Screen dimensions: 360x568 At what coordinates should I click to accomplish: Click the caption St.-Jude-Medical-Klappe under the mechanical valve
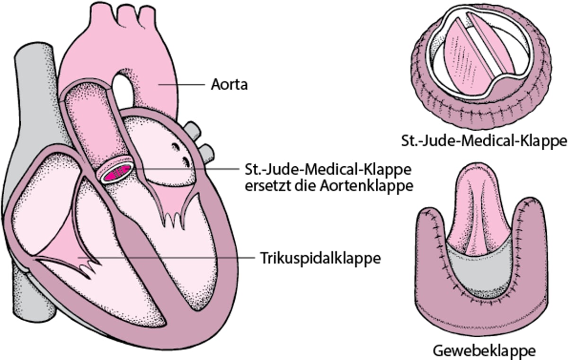pos(483,141)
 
